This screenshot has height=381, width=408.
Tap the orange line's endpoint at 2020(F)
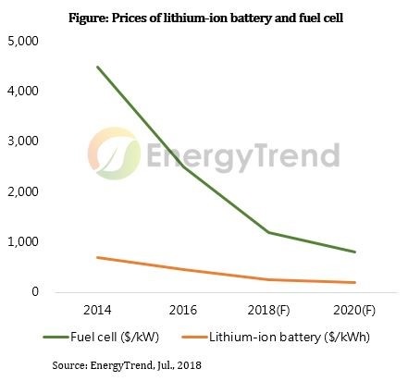[354, 282]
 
